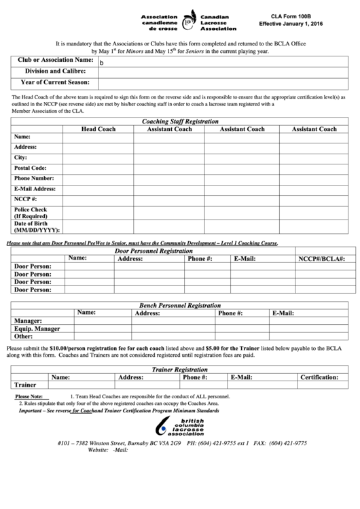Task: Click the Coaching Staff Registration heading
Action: (x=180, y=121)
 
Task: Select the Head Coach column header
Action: (x=98, y=129)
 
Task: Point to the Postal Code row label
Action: (x=31, y=168)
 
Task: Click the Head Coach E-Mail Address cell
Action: (x=98, y=189)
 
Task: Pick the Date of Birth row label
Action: (x=37, y=226)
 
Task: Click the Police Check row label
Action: (x=31, y=213)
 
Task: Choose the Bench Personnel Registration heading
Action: (x=180, y=306)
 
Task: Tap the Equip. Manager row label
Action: (x=37, y=328)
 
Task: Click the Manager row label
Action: (x=29, y=321)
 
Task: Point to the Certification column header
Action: (x=319, y=376)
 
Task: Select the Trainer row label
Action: (x=25, y=385)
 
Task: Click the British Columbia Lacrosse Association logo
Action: (x=180, y=426)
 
